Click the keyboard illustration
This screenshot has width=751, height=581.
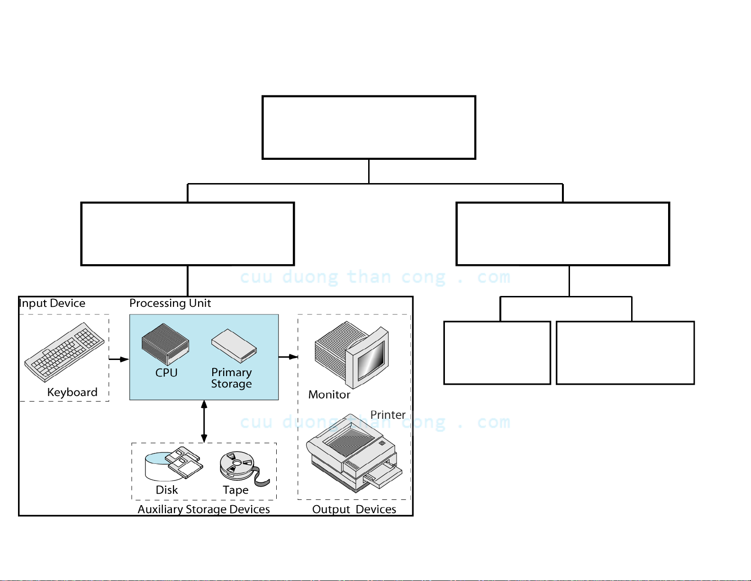pos(64,352)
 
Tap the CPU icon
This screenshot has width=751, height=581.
pos(165,344)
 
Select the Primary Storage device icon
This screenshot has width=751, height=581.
pos(234,346)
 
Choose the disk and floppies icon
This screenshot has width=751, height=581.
pos(173,463)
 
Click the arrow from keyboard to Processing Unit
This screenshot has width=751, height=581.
pos(118,359)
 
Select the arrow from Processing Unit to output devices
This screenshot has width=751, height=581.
pos(288,357)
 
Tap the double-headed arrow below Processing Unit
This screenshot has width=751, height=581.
pos(204,421)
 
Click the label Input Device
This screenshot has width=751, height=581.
pos(53,303)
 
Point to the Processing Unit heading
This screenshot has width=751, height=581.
pos(170,303)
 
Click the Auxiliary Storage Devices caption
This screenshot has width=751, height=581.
pos(204,509)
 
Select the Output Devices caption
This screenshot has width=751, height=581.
pos(354,509)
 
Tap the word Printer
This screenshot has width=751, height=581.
pos(388,415)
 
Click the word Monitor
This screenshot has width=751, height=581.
pos(329,395)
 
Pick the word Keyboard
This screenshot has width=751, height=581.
pos(72,392)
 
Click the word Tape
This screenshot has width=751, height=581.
pos(235,490)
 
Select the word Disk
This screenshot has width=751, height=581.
pos(167,490)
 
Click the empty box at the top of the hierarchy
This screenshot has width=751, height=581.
pos(369,128)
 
